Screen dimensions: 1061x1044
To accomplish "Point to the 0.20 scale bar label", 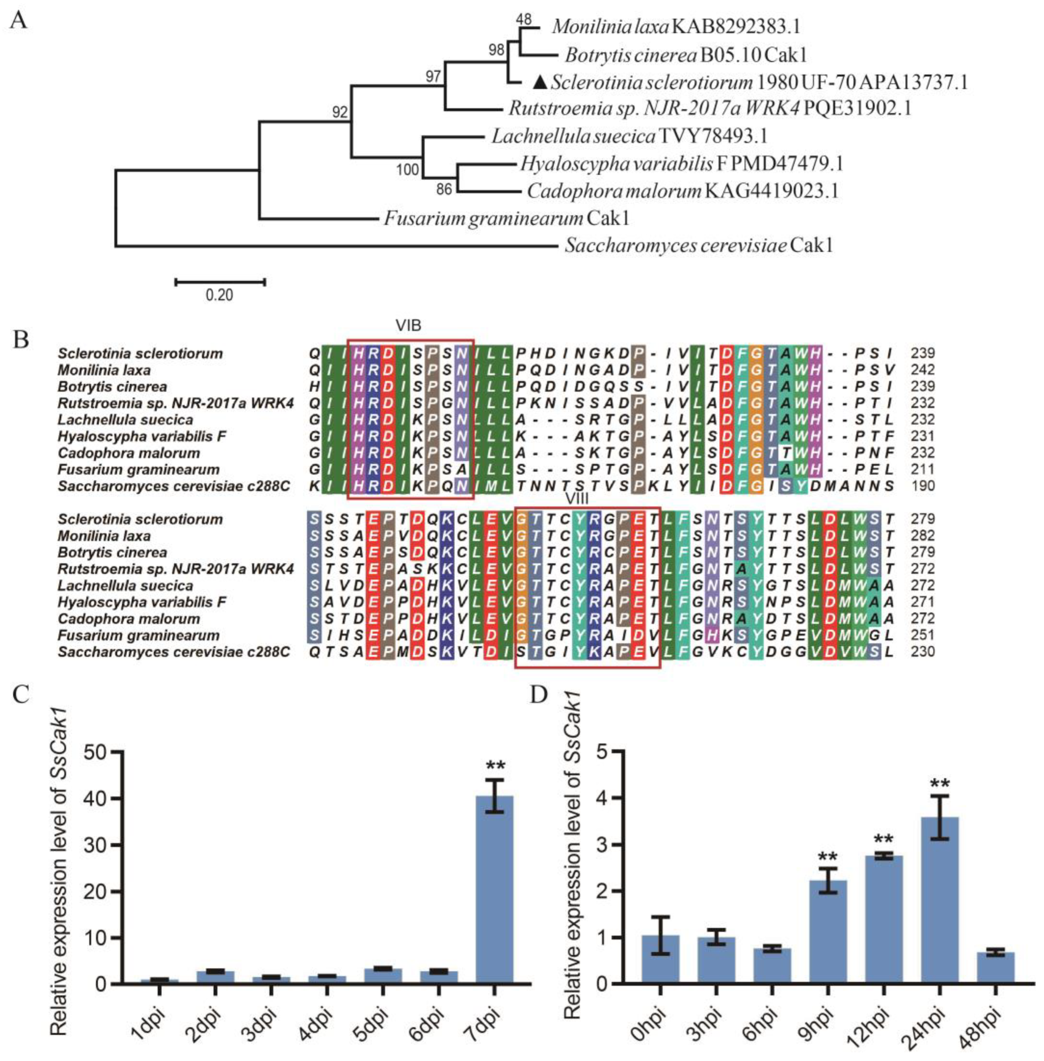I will [x=219, y=295].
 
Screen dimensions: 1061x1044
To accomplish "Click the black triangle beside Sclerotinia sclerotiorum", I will [x=541, y=82].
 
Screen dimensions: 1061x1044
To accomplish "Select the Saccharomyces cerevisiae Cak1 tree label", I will [x=699, y=245].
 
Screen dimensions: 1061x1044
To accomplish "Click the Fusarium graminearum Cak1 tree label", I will [x=506, y=218].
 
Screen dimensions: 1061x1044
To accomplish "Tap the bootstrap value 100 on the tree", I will [x=407, y=170].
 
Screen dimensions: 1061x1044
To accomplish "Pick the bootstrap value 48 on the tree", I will [x=524, y=20].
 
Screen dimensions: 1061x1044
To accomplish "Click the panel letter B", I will [x=21, y=340].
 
